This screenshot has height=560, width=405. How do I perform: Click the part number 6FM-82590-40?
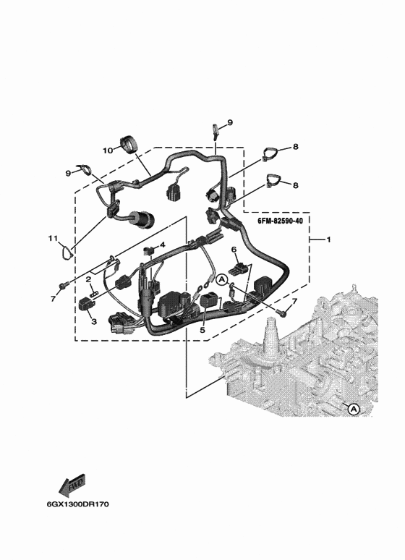click(280, 221)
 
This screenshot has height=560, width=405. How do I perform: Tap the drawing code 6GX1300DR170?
click(77, 504)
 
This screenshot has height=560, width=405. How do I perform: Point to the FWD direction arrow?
click(72, 485)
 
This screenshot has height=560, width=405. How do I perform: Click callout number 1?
click(328, 239)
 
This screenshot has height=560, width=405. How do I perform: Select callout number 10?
click(108, 150)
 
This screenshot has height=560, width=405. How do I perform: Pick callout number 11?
click(53, 238)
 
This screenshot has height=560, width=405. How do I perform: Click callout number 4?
click(163, 245)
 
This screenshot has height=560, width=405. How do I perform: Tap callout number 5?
click(202, 330)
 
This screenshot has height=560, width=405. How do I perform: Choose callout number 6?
click(234, 250)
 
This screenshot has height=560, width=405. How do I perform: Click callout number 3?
click(94, 321)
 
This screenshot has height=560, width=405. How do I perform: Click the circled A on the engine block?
click(354, 409)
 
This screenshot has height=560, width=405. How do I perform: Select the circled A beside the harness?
click(222, 280)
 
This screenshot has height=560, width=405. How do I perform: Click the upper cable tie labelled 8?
click(270, 154)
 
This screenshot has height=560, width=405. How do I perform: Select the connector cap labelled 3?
click(87, 304)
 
